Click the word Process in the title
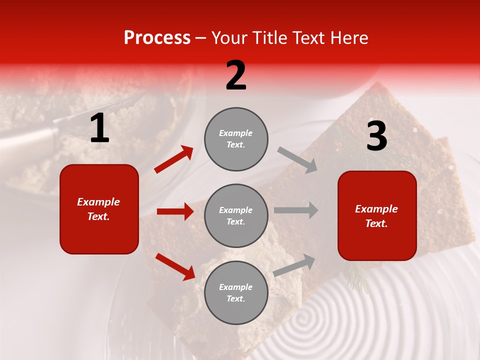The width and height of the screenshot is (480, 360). coord(157,38)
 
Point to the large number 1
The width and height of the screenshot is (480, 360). coord(99,128)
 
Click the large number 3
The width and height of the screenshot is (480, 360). coord(376,136)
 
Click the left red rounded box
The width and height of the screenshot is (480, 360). coord(99,209)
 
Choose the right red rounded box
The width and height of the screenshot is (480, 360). coord(377,215)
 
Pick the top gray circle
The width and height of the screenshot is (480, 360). coord(236,139)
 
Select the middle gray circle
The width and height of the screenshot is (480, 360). coord(236,215)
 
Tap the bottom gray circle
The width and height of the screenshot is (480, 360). coord(236,292)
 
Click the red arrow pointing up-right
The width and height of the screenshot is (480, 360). coord(174,159)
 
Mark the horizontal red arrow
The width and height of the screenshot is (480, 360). coord(175,211)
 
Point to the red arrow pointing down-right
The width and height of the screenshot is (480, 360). coord(175,266)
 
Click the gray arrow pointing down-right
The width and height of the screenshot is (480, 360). coord(297,159)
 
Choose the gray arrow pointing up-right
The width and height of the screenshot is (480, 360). coord(294,265)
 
